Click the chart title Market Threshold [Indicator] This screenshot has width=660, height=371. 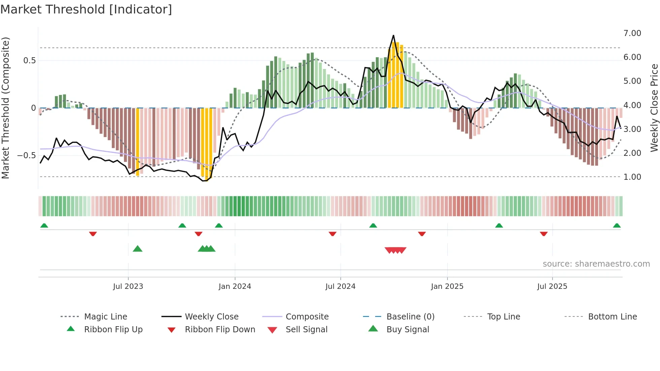(86, 9)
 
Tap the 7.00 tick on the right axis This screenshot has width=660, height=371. (632, 33)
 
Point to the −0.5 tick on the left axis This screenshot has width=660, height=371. (26, 156)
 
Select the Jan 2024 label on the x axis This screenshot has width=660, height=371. (235, 286)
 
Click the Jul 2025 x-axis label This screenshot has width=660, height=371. (552, 286)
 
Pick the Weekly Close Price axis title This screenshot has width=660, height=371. (654, 108)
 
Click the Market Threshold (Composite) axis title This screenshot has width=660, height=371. (5, 108)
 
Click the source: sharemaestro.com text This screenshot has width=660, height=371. (596, 264)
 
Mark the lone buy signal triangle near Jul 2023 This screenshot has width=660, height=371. (137, 249)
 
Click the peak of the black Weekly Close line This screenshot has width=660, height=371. (393, 35)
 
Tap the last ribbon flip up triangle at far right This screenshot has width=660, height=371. (617, 226)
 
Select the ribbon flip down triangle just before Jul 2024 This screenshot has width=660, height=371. (332, 234)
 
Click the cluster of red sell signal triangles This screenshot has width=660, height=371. (395, 250)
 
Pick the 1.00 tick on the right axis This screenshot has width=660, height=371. (632, 177)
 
